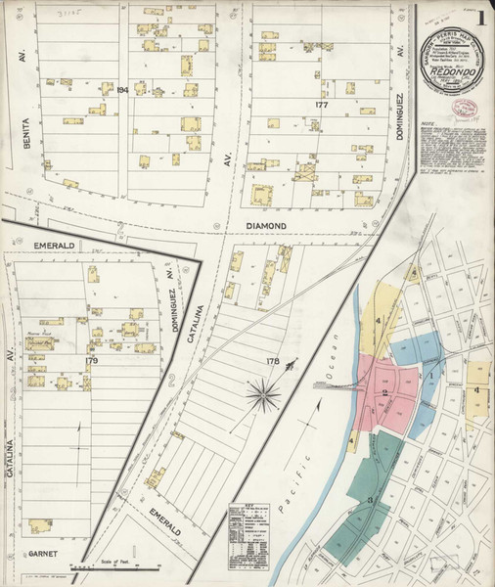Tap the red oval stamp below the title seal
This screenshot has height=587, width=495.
point(463,109)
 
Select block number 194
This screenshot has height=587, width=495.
point(122,90)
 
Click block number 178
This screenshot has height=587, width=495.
point(272,362)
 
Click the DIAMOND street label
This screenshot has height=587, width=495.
point(265,225)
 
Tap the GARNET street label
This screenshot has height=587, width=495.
point(44,553)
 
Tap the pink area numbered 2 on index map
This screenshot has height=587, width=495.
point(384,392)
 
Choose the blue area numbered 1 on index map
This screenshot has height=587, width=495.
point(428,375)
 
